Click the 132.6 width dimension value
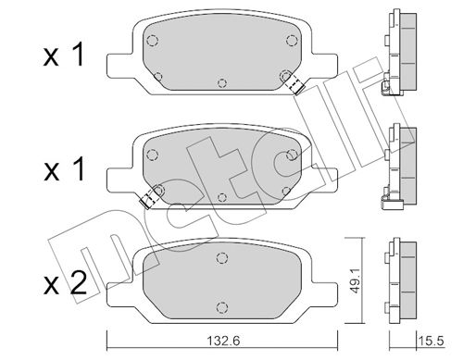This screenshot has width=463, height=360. coord(223,341)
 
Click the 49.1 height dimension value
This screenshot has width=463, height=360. coord(356,280)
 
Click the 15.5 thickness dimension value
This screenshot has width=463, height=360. coord(432,341)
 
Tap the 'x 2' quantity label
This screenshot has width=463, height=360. coord(65,283)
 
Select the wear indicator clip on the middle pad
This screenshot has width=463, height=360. coord(150,197)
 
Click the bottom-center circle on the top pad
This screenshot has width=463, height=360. coord(222,83)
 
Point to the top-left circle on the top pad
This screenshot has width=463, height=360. coord(152,41)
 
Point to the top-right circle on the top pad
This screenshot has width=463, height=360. coord(292,40)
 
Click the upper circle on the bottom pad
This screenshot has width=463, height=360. coord(222,258)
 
